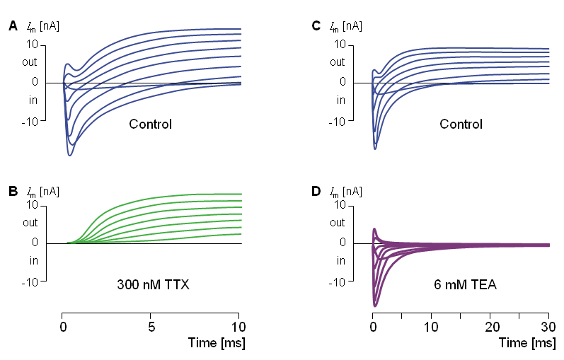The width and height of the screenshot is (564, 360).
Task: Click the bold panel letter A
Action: pyautogui.click(x=13, y=27)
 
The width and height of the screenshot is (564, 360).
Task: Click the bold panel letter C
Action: pyautogui.click(x=316, y=26)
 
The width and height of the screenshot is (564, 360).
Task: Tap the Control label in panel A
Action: pyautogui.click(x=150, y=124)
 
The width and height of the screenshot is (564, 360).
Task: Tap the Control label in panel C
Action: pyautogui.click(x=461, y=124)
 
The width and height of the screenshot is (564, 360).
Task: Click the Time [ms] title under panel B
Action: pyautogui.click(x=217, y=343)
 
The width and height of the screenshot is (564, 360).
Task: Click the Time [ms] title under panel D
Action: pyautogui.click(x=526, y=343)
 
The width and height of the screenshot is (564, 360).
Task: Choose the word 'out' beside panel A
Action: pyautogui.click(x=30, y=63)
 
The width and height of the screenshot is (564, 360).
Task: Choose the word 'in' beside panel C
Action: pyautogui.click(x=340, y=100)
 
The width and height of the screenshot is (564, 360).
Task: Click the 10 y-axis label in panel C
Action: pyautogui.click(x=339, y=45)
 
